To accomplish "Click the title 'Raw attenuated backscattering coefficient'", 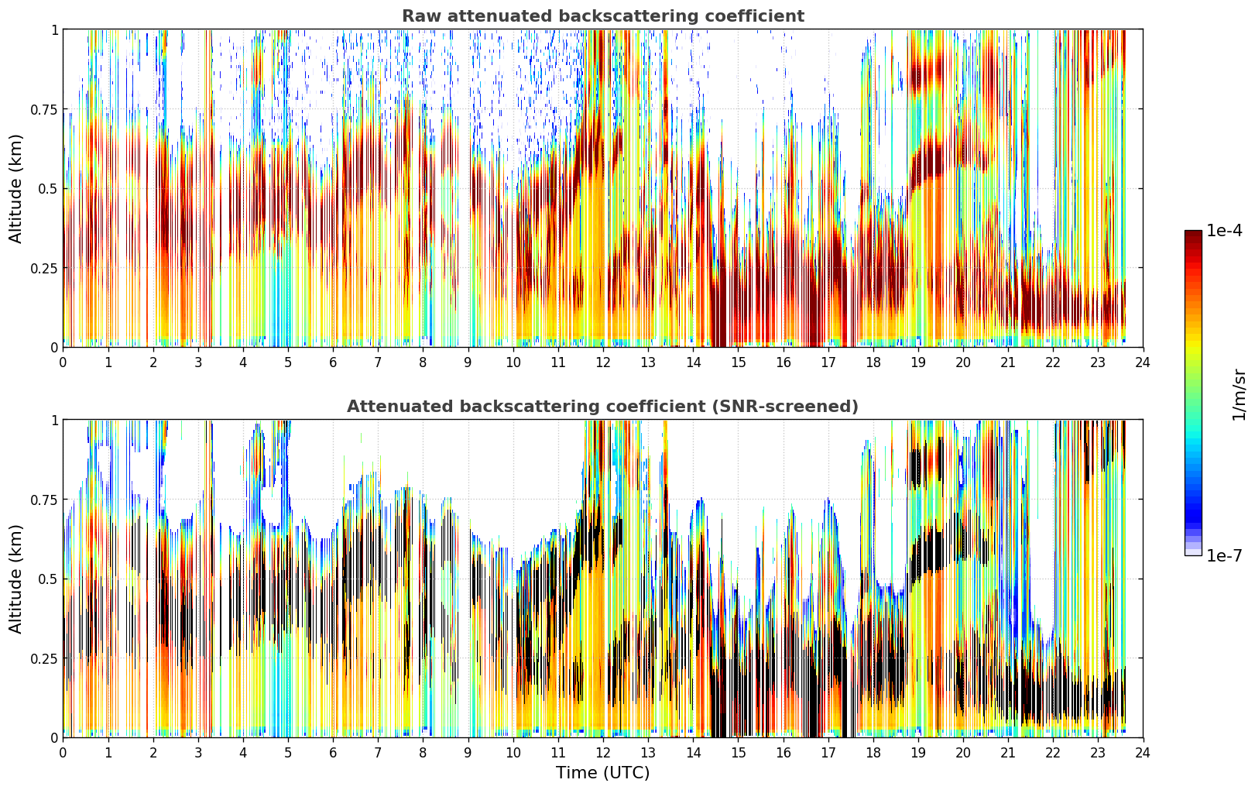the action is [x=603, y=16].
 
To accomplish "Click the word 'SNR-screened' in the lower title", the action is [x=782, y=406].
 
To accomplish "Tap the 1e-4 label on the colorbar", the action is [x=1224, y=230].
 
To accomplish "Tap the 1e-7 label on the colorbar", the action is [x=1224, y=556].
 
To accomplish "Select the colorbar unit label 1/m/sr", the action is [x=1239, y=394].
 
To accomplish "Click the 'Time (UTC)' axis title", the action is [x=603, y=773].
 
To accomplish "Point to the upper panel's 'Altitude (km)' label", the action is [x=15, y=189].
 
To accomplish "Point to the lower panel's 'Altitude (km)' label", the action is [x=15, y=579].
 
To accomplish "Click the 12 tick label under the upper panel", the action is [x=603, y=362].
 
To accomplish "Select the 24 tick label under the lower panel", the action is [x=1143, y=753].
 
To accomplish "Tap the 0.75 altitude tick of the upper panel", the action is [x=44, y=109].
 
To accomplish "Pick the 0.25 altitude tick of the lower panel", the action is [x=44, y=659].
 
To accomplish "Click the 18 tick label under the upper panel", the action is [x=873, y=362].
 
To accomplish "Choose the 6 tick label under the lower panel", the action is [x=333, y=753].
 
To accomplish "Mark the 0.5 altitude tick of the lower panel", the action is [x=48, y=579].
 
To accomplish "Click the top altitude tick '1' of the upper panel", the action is [x=55, y=30].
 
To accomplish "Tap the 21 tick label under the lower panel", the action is [x=1008, y=753].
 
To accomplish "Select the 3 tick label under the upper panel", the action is [x=197, y=362].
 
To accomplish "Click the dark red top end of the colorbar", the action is [x=1193, y=233].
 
